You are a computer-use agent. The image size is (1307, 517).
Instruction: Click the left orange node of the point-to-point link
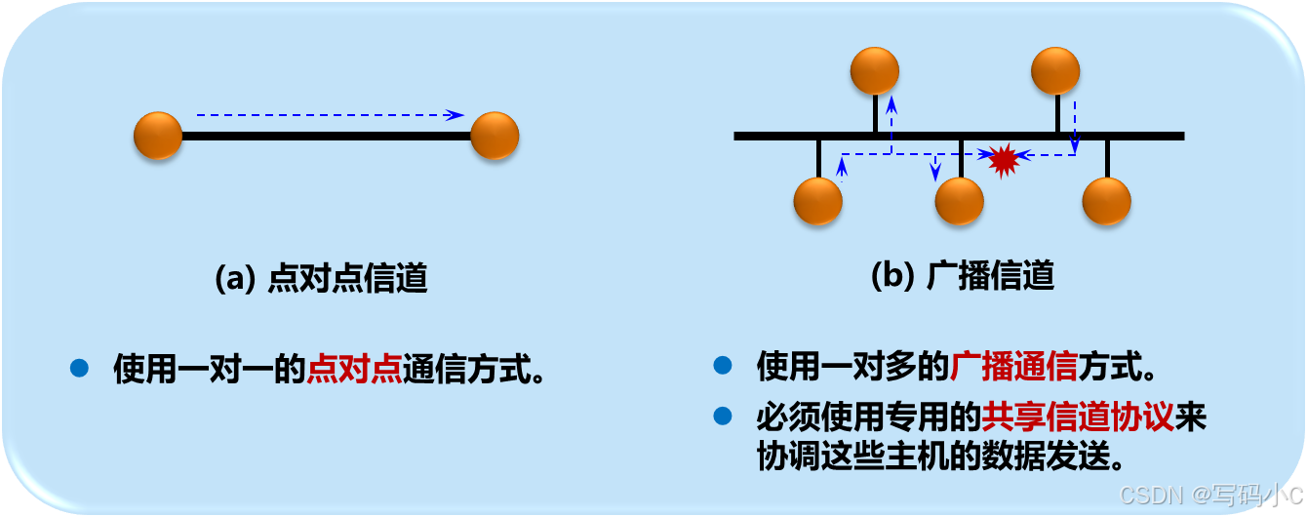pos(158,136)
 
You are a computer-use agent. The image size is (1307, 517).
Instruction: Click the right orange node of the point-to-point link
pos(495,136)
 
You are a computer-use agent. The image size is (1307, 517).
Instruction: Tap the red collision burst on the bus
pos(1003,159)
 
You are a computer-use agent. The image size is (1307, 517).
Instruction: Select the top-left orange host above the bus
pos(875,71)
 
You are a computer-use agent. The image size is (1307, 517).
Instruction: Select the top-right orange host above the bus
pos(1055,71)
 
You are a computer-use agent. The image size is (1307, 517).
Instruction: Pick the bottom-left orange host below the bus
pos(817,202)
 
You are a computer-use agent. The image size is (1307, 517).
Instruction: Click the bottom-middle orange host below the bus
pos(959,202)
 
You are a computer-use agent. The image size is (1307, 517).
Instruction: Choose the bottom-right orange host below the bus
pos(1106,202)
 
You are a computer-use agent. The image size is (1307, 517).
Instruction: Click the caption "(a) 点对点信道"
pos(321,279)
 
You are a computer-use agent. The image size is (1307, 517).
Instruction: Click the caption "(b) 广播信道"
pos(962,276)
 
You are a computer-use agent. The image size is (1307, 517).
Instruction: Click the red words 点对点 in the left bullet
pos(354,369)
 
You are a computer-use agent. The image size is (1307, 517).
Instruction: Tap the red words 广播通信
pos(1013,367)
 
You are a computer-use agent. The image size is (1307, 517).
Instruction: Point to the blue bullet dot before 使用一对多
pos(722,366)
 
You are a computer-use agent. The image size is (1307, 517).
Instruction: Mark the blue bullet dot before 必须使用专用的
pos(722,417)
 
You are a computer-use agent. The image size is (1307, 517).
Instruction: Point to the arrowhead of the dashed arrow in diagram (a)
pos(455,115)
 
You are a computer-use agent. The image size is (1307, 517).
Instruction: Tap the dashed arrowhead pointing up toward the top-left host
pos(891,101)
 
